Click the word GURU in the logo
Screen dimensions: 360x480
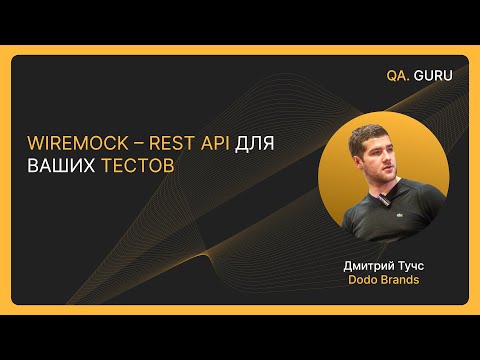[x=435, y=75]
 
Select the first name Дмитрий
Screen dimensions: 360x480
[x=363, y=267]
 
